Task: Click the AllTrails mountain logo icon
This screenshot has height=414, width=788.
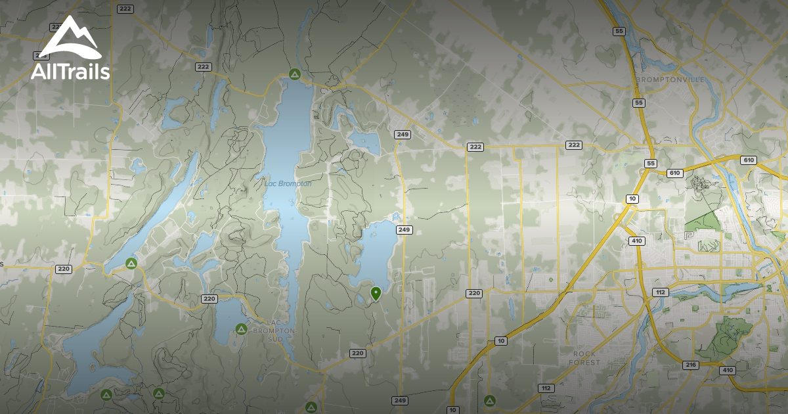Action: coord(70,38)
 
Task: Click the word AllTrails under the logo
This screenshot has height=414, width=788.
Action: coord(70,72)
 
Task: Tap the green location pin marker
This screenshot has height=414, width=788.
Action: coord(376,293)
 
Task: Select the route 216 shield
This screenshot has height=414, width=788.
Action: coord(689,365)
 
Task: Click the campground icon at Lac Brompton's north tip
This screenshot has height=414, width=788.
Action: coord(295,74)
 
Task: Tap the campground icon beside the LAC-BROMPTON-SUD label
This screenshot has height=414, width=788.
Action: coord(241,329)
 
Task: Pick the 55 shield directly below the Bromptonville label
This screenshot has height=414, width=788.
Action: coord(639,103)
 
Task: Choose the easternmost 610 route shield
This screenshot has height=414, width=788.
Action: coord(748,160)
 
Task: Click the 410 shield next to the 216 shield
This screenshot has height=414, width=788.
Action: coord(727,370)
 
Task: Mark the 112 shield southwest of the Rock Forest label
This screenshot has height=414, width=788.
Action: coord(545,388)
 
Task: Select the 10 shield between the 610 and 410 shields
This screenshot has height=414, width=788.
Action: coord(632,198)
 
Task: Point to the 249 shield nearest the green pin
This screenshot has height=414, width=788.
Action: coord(404,229)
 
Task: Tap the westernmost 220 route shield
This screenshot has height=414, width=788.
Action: coord(64,269)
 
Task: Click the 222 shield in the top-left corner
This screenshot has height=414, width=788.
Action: coord(125,9)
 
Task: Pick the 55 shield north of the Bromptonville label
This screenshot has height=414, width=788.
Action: coord(619,31)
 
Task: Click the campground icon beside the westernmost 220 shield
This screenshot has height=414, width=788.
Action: coord(131,264)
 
